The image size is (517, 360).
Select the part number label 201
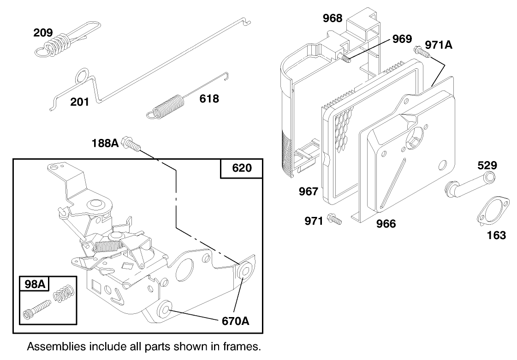tap(80, 102)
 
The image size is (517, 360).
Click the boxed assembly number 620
tap(242, 168)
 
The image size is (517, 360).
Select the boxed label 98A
tap(35, 285)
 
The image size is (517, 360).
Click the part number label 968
tap(332, 18)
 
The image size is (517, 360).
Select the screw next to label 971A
tap(422, 52)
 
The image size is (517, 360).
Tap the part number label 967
tap(309, 191)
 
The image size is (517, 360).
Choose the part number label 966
tap(386, 224)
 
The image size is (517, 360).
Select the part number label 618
tap(209, 98)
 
